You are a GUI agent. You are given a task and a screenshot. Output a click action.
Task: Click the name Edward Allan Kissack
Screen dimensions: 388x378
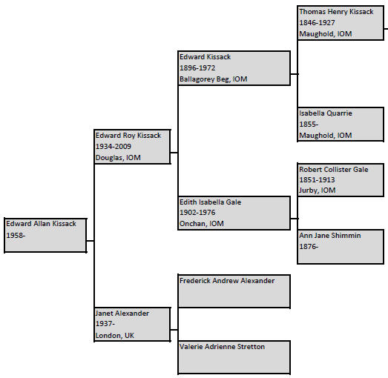41,224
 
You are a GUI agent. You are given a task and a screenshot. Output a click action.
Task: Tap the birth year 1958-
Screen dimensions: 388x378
16,235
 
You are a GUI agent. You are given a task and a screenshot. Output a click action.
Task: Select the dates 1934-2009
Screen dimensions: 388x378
114,146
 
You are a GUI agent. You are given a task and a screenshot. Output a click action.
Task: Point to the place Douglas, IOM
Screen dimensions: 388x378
118,158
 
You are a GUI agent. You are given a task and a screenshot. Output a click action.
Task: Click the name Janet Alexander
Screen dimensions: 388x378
122,314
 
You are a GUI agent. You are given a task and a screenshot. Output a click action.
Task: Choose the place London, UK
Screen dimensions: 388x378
115,336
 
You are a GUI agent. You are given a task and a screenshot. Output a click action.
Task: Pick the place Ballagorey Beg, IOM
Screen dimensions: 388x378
214,79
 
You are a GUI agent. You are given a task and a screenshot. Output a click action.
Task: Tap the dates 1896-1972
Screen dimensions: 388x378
197,67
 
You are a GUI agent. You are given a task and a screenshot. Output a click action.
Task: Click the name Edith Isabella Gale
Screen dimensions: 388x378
211,202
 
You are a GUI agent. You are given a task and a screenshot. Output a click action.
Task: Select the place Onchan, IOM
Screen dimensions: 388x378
202,224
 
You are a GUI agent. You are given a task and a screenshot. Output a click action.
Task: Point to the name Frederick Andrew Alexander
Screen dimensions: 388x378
227,281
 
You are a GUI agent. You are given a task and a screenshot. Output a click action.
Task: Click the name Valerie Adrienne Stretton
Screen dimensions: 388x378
222,347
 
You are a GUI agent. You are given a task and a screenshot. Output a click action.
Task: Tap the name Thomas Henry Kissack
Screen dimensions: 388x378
336,12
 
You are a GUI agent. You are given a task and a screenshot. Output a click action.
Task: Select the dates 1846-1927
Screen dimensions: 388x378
317,22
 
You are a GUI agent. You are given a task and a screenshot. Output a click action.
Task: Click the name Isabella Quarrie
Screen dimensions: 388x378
326,113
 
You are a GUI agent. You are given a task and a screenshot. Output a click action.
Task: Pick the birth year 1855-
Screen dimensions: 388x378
309,124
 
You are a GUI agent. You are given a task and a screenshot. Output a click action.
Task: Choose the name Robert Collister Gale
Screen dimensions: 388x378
334,169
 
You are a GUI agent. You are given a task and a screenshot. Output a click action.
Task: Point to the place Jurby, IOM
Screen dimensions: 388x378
318,190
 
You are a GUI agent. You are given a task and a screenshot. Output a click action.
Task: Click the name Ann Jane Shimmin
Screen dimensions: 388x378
330,236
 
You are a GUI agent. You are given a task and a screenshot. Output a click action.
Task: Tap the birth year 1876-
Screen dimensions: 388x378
309,247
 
